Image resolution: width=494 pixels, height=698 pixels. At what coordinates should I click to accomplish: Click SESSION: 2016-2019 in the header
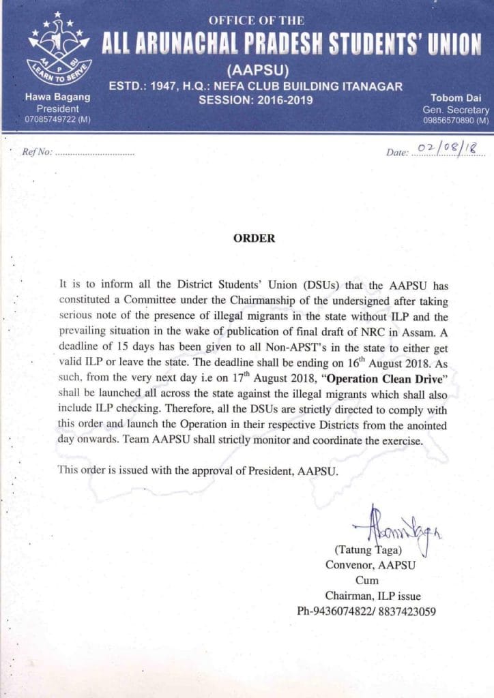click(255, 100)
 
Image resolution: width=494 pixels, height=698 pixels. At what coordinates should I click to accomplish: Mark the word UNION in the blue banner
click(451, 44)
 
